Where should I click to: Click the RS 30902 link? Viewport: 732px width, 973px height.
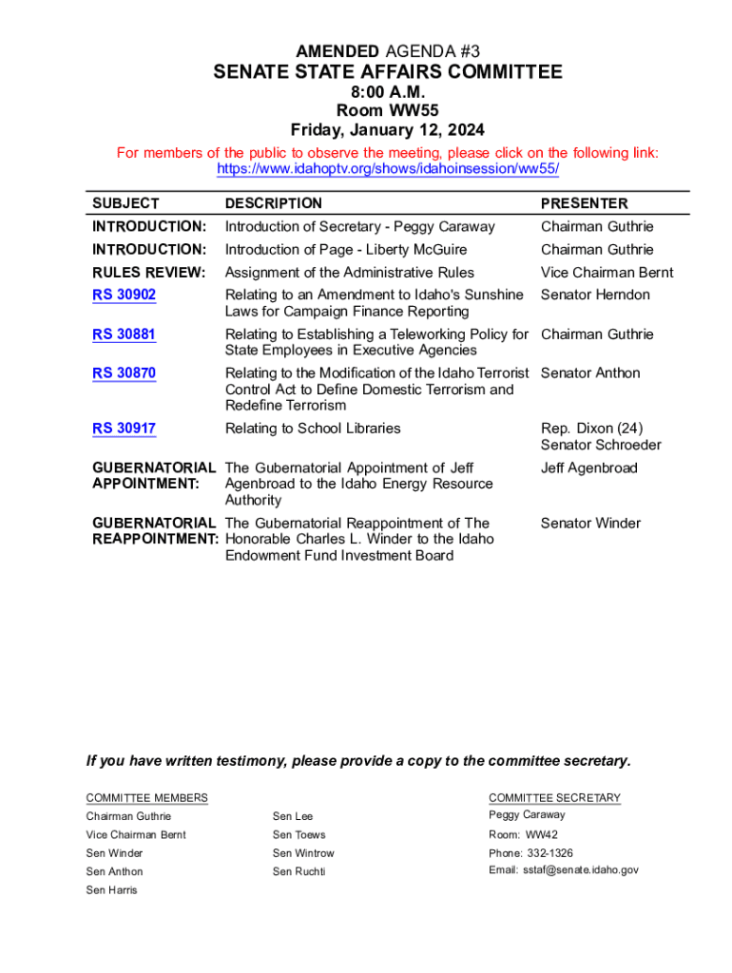click(x=124, y=295)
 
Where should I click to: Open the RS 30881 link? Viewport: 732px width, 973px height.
click(x=124, y=334)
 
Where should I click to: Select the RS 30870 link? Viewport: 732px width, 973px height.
click(x=124, y=373)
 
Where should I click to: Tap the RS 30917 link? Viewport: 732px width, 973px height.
click(x=124, y=429)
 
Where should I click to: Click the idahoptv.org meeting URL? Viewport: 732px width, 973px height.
click(x=388, y=169)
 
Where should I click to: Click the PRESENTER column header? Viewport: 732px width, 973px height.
click(x=584, y=203)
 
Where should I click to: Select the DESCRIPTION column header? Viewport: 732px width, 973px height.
click(x=274, y=203)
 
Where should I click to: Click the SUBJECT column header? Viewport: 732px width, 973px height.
click(x=125, y=203)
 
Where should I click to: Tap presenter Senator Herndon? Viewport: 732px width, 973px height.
click(x=595, y=295)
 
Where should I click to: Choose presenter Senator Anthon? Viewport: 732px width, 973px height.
click(x=590, y=373)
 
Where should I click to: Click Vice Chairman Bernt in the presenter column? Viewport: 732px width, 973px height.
click(x=607, y=273)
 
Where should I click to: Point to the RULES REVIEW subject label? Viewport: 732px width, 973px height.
click(x=148, y=273)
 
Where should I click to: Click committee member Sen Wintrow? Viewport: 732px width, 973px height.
click(x=303, y=853)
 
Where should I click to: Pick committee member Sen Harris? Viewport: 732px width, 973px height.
click(x=111, y=890)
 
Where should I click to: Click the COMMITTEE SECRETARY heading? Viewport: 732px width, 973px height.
click(x=554, y=798)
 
